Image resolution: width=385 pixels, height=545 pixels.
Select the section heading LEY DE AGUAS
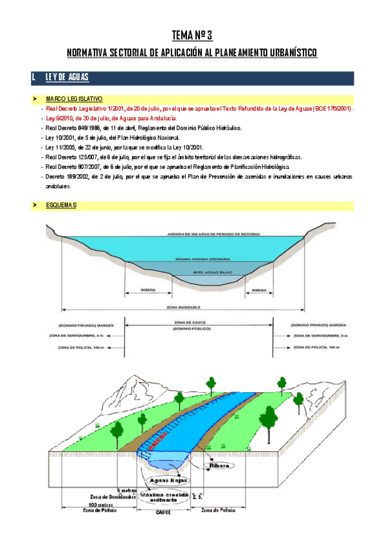click(x=67, y=78)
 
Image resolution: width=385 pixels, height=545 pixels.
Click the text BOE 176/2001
click(x=332, y=109)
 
